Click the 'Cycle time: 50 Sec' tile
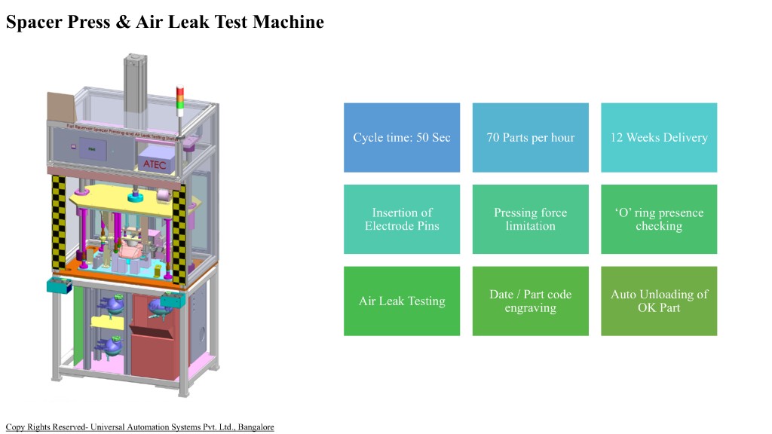point(402,137)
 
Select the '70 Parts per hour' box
point(530,137)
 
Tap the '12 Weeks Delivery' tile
point(658,137)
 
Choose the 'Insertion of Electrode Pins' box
point(402,219)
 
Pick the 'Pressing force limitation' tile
point(530,219)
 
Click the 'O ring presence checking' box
point(658,219)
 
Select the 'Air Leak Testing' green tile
point(402,301)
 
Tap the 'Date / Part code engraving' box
point(530,301)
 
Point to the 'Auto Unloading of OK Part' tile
point(658,301)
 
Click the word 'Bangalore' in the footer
point(256,427)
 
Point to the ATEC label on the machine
point(154,164)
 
